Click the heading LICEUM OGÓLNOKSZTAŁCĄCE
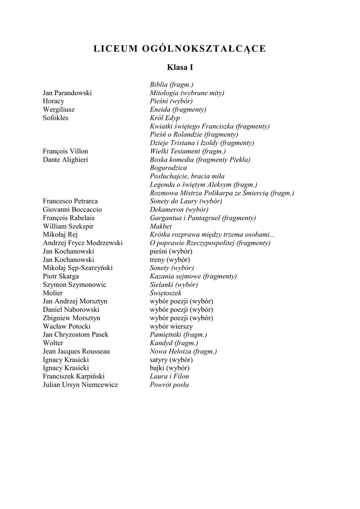(x=180, y=49)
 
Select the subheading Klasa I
(x=180, y=67)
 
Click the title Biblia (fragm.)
(x=172, y=85)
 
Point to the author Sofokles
(x=56, y=118)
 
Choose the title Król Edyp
(x=165, y=118)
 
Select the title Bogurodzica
(x=168, y=168)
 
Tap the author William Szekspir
(x=68, y=226)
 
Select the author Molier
(x=53, y=293)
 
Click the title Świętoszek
(x=166, y=293)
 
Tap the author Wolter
(x=53, y=343)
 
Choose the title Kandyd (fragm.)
(x=174, y=343)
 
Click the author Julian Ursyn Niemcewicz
(x=81, y=385)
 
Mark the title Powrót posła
(x=169, y=385)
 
